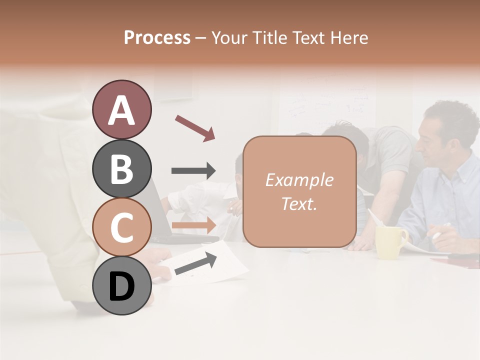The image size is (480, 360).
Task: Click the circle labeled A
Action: pos(121,109)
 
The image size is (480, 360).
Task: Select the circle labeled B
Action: pos(121,168)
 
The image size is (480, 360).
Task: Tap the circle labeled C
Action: pos(121,227)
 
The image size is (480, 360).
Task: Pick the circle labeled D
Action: pos(121,286)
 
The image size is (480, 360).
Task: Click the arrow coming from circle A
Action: pos(194,127)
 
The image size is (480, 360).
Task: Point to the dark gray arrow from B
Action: pos(193,171)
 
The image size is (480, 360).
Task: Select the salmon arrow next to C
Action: pos(193,225)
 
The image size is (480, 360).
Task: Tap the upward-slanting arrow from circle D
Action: pos(195,263)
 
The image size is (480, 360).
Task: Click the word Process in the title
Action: pos(157,37)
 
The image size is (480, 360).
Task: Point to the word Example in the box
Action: pos(299,180)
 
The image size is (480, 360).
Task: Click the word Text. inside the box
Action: pos(299,204)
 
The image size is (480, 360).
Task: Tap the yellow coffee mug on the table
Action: pos(390,242)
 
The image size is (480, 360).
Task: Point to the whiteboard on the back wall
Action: pos(325,105)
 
